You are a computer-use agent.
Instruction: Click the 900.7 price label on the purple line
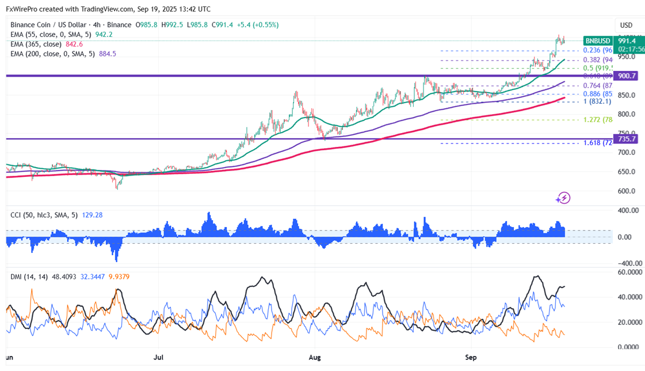click(x=627, y=76)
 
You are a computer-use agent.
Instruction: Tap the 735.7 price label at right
click(x=627, y=139)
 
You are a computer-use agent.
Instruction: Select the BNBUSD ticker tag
click(x=598, y=41)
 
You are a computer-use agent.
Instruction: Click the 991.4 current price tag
click(x=627, y=41)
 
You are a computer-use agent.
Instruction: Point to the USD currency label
click(x=626, y=25)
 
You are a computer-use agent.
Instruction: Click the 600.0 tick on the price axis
click(x=627, y=191)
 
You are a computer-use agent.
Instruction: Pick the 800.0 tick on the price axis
click(x=627, y=114)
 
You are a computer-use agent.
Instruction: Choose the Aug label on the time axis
click(x=315, y=357)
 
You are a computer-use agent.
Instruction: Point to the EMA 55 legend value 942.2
click(x=104, y=35)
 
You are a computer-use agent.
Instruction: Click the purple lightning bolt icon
click(x=563, y=198)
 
